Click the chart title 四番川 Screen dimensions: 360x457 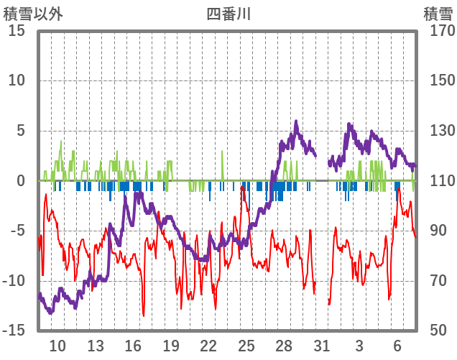click(x=228, y=14)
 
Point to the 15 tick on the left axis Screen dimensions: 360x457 click(x=17, y=31)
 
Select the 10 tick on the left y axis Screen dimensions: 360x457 click(x=17, y=80)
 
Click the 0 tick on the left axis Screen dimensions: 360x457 click(x=21, y=181)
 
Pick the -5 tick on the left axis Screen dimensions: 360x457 click(x=19, y=231)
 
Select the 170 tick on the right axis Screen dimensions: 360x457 click(x=438, y=31)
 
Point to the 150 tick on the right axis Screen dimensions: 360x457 click(x=438, y=80)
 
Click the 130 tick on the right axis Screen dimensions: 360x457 click(x=438, y=131)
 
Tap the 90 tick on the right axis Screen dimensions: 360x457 click(x=435, y=231)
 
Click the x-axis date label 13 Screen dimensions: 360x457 click(x=96, y=346)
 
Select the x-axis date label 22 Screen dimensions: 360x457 click(x=208, y=346)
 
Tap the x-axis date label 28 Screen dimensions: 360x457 click(x=284, y=346)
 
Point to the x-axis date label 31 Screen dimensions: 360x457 click(x=321, y=346)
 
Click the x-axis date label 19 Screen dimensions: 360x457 click(x=171, y=346)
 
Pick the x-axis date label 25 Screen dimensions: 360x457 click(x=246, y=346)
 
